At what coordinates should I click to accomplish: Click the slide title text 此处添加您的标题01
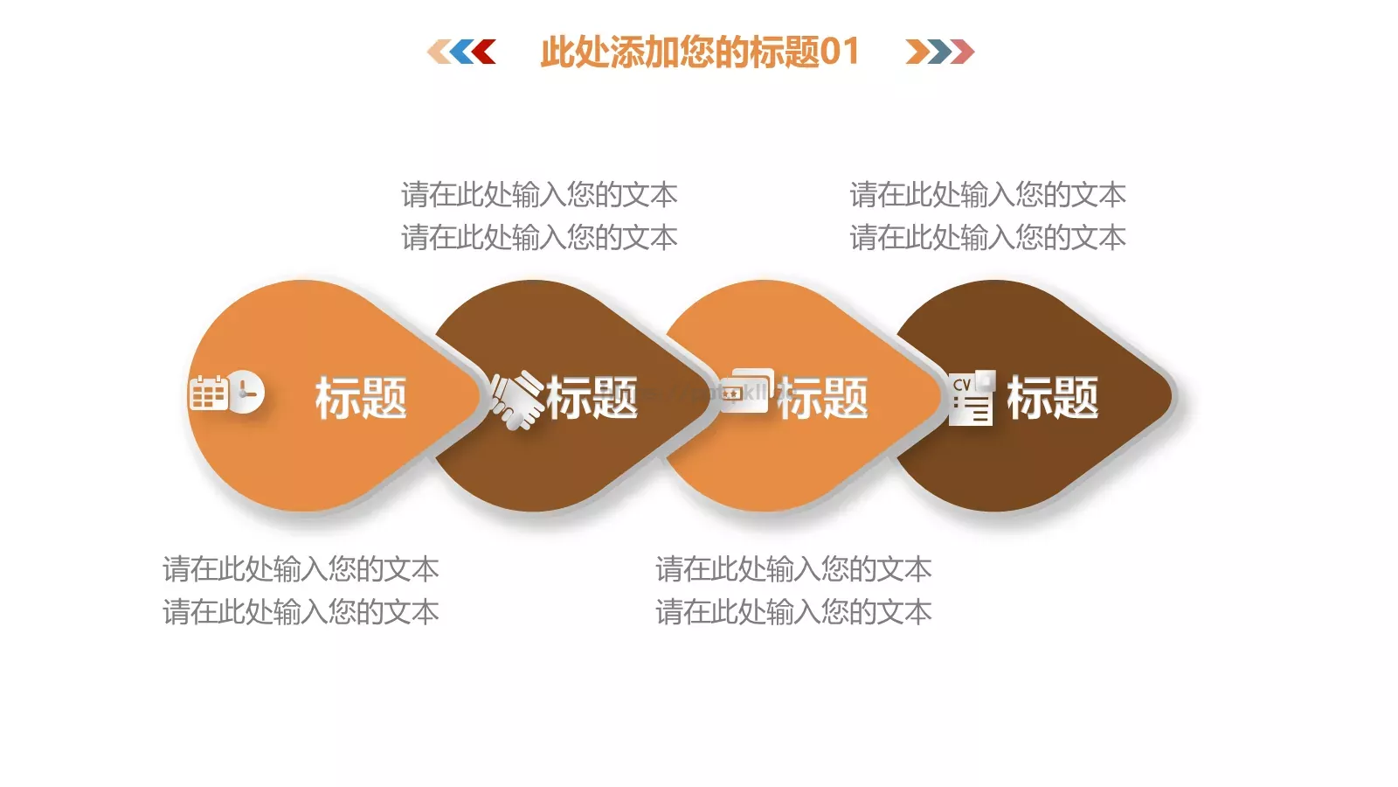point(699,52)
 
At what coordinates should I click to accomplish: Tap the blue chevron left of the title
point(460,52)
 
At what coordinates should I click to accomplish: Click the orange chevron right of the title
point(917,52)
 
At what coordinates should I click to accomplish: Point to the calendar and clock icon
point(226,393)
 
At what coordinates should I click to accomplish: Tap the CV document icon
point(972,396)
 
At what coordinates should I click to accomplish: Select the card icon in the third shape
point(747,391)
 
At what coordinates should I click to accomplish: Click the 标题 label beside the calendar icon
point(361,398)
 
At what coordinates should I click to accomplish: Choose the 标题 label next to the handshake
point(592,398)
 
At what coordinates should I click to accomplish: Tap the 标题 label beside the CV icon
point(1052,398)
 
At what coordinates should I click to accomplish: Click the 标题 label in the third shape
point(822,398)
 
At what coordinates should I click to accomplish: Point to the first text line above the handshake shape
point(539,194)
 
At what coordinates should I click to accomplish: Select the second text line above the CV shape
point(987,237)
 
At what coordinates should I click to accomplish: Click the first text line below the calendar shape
point(301,569)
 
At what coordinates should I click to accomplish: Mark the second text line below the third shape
point(793,612)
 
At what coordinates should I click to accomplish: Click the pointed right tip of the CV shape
point(1170,395)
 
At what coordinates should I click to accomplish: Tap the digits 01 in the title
point(840,52)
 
